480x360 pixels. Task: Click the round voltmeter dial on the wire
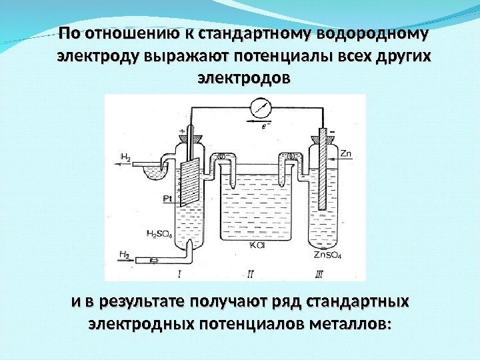pos(259,107)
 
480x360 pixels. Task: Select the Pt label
pos(167,198)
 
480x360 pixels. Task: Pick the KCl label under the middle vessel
pos(257,245)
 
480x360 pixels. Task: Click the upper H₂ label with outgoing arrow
pos(126,157)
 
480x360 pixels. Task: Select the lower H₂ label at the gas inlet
pos(125,254)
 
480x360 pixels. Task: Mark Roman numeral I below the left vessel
pos(180,273)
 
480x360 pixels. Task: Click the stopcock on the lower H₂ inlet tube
pos(154,259)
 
